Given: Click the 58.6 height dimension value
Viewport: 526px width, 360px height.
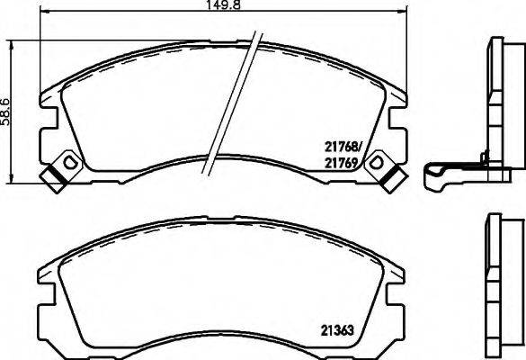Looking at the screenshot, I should tap(5, 113).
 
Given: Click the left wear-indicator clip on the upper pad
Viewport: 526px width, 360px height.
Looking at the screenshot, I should tap(62, 171).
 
